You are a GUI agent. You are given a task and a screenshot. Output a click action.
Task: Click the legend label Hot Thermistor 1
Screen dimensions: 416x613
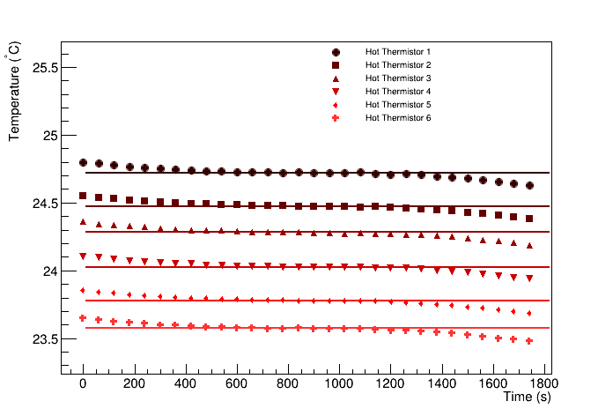click(x=398, y=52)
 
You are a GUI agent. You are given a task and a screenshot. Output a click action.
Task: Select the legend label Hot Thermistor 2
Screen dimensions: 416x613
click(x=398, y=65)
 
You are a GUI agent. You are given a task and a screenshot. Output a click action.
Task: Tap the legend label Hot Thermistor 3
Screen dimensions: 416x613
click(x=398, y=78)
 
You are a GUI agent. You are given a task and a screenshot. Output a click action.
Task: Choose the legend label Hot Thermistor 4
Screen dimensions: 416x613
click(x=398, y=92)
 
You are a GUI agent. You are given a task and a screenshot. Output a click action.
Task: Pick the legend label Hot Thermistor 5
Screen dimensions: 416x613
click(x=398, y=105)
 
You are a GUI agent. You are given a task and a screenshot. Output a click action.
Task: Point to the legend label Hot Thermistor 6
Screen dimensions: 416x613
click(x=398, y=118)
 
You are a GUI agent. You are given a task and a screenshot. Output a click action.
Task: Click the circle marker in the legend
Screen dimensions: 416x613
click(x=336, y=52)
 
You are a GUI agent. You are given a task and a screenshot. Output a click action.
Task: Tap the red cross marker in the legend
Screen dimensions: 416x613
click(x=336, y=118)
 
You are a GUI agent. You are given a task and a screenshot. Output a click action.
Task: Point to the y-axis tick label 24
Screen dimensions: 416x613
click(x=49, y=271)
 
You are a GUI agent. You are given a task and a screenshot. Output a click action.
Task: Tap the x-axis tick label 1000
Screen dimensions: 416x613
click(x=339, y=385)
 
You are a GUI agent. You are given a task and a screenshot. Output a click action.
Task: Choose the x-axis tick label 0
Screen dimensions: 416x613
click(x=83, y=385)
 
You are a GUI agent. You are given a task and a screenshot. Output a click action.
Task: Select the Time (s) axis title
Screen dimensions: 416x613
click(x=527, y=398)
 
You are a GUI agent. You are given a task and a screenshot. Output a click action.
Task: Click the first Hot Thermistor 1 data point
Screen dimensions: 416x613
click(x=83, y=162)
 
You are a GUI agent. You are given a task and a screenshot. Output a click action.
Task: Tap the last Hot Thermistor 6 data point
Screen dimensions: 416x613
click(x=529, y=341)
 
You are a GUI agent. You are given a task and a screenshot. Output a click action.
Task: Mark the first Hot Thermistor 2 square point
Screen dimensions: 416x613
click(x=83, y=196)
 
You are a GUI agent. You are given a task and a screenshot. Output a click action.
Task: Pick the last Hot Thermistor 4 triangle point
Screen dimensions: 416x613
click(x=529, y=279)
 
